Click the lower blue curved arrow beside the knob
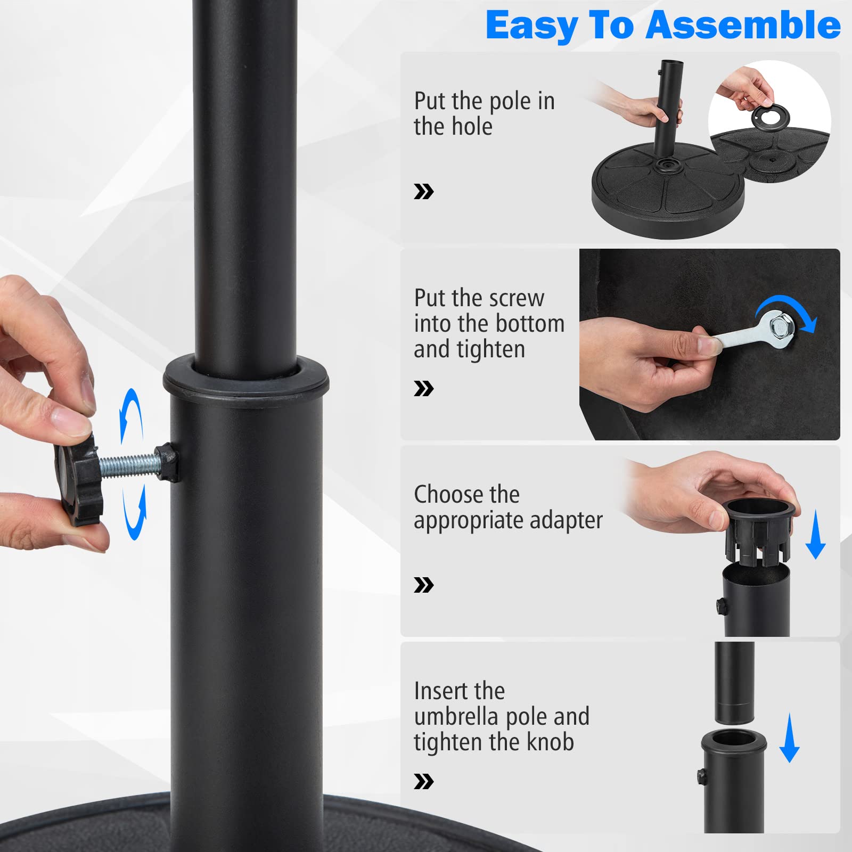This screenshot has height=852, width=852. point(135,512)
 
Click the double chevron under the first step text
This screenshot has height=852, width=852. point(424,192)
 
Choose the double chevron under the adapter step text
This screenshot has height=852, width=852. point(424,585)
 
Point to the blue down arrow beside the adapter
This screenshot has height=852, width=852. point(815,534)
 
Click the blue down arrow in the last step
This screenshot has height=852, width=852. point(789,738)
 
